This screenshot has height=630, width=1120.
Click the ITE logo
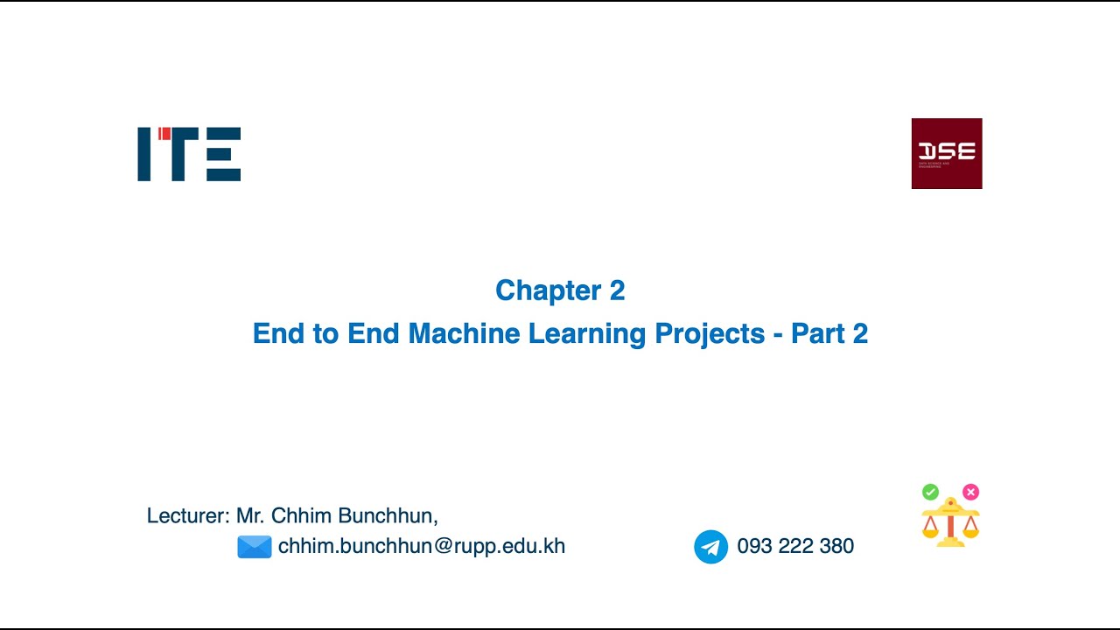[x=189, y=154]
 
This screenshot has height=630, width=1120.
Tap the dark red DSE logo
[x=947, y=153]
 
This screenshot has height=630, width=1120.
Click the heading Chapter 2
[x=560, y=290]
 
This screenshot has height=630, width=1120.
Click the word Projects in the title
[x=701, y=333]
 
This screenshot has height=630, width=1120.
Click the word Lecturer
[x=186, y=515]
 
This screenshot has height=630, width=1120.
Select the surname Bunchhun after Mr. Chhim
[x=388, y=515]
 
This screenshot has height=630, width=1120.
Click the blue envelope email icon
[x=255, y=547]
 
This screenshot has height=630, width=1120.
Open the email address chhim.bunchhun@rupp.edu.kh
[x=421, y=546]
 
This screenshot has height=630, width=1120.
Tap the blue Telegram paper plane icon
[x=710, y=547]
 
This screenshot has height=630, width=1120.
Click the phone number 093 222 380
[x=795, y=546]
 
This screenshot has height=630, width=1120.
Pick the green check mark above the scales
[x=930, y=492]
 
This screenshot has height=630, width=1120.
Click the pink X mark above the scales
[x=970, y=492]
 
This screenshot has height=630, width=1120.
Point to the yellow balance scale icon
[x=950, y=522]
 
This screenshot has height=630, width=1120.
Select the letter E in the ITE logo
[x=223, y=154]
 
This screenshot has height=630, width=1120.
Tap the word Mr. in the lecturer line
[x=250, y=515]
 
